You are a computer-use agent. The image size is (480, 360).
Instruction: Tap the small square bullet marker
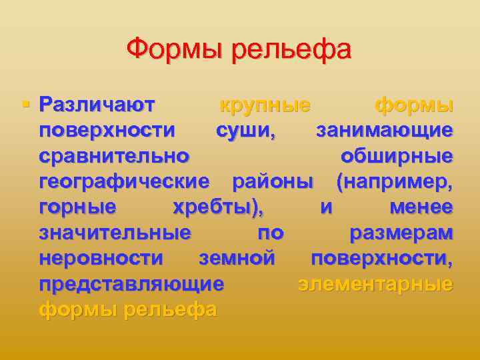pyautogui.click(x=25, y=104)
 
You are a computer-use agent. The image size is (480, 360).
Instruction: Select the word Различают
pyautogui.click(x=97, y=105)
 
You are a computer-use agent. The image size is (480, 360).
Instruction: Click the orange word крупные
pyautogui.click(x=265, y=106)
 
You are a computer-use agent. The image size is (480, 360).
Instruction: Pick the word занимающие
pyautogui.click(x=385, y=131)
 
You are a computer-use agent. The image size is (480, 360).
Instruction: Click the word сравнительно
pyautogui.click(x=114, y=157)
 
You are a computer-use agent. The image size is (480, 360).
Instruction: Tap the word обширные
pyautogui.click(x=397, y=157)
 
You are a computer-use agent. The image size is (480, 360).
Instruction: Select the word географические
pyautogui.click(x=124, y=182)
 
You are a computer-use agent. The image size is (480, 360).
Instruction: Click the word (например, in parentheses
pyautogui.click(x=395, y=182)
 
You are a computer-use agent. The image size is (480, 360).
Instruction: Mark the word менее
pyautogui.click(x=421, y=207)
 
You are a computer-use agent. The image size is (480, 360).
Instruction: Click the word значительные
pyautogui.click(x=115, y=233)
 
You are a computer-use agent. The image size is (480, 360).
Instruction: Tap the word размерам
pyautogui.click(x=401, y=233)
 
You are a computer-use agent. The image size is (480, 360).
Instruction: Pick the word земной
pyautogui.click(x=237, y=258)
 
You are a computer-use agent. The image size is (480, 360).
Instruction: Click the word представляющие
pyautogui.click(x=131, y=284)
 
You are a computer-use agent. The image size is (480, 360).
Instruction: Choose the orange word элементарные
pyautogui.click(x=375, y=284)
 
